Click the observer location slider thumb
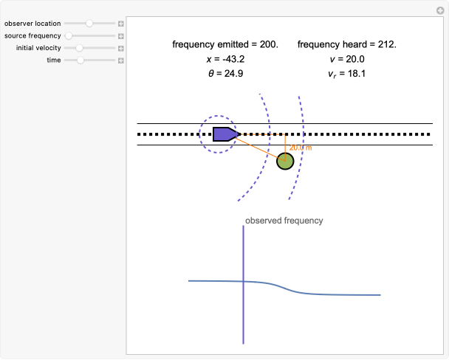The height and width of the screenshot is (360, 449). pyautogui.click(x=89, y=24)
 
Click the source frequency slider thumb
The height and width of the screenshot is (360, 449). pyautogui.click(x=69, y=35)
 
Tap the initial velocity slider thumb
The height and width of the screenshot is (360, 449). pyautogui.click(x=79, y=48)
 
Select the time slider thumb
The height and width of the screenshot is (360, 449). pyautogui.click(x=80, y=60)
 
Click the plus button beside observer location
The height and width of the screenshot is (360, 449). pyautogui.click(x=121, y=24)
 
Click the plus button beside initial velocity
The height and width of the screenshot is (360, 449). pyautogui.click(x=121, y=48)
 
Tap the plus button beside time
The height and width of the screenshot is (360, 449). pyautogui.click(x=121, y=60)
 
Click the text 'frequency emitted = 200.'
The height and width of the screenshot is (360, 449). pyautogui.click(x=225, y=44)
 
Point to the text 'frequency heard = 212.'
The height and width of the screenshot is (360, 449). pyautogui.click(x=347, y=44)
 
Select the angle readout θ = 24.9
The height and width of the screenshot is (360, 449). pyautogui.click(x=225, y=73)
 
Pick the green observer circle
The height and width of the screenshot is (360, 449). pyautogui.click(x=285, y=161)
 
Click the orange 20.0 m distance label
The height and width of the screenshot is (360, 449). pyautogui.click(x=301, y=148)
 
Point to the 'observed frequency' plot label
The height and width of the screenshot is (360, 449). pyautogui.click(x=284, y=221)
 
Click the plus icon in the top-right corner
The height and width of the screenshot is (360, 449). pyautogui.click(x=441, y=10)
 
